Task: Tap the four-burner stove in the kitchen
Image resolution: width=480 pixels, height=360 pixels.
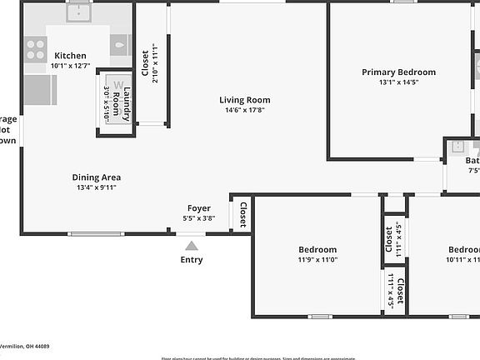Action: tap(36, 51)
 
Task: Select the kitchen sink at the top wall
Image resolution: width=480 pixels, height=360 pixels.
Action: tap(80, 12)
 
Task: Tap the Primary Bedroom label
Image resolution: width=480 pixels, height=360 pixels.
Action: tap(398, 72)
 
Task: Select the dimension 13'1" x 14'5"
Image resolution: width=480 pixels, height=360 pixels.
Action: tap(398, 82)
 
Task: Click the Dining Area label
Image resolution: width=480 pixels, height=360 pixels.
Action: tap(97, 177)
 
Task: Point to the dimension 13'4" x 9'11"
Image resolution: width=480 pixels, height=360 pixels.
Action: tap(97, 188)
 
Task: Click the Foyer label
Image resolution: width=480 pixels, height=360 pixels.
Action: tap(198, 208)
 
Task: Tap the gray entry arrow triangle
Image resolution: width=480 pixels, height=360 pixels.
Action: tap(192, 245)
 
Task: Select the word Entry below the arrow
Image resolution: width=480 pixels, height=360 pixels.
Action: tap(192, 259)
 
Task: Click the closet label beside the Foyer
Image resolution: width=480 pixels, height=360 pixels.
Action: tap(243, 215)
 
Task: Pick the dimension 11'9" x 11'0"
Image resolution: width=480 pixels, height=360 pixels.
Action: tap(317, 260)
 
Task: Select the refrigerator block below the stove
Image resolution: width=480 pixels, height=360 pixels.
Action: tap(40, 89)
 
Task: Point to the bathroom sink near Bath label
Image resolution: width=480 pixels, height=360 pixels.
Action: tap(456, 147)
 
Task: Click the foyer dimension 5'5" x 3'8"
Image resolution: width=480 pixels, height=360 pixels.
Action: tap(198, 218)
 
